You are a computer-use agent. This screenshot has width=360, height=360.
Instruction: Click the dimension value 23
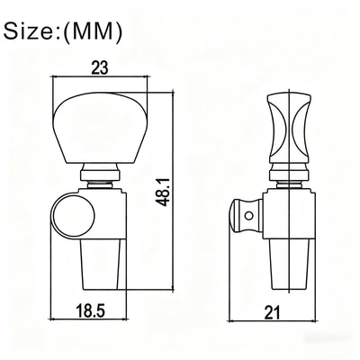click(x=99, y=68)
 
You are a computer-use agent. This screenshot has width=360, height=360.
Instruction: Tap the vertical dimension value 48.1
click(x=164, y=192)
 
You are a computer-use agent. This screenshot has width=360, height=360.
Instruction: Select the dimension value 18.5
click(x=90, y=310)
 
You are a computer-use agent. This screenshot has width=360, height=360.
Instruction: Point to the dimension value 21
click(x=273, y=312)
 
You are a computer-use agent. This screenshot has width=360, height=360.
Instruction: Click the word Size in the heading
click(x=30, y=31)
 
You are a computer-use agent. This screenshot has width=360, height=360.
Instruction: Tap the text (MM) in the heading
click(x=93, y=32)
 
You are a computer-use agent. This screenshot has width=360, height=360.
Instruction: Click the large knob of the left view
click(x=101, y=129)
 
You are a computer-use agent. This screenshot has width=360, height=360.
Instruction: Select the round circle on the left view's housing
click(x=73, y=216)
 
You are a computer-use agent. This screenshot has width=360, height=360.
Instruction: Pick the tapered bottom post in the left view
click(x=101, y=265)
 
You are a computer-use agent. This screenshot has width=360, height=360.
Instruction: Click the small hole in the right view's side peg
click(x=248, y=215)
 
